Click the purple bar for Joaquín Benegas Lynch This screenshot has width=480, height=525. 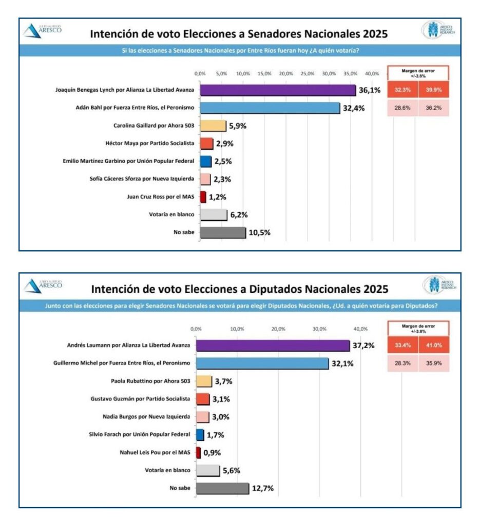click(277, 90)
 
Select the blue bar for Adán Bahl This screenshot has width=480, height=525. click(270, 108)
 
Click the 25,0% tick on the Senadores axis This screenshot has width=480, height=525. click(307, 73)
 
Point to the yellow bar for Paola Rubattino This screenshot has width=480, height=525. click(204, 381)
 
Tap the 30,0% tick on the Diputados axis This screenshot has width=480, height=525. click(319, 329)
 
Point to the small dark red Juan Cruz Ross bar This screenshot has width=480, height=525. click(203, 197)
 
